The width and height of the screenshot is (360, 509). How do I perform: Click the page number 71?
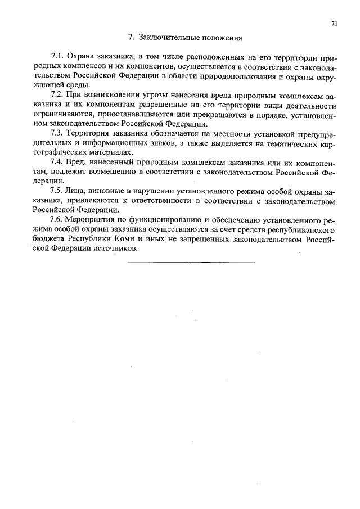pyautogui.click(x=334, y=24)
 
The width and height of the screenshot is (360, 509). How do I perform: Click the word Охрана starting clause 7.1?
pyautogui.click(x=80, y=57)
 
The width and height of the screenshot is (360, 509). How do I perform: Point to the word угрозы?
pyautogui.click(x=144, y=96)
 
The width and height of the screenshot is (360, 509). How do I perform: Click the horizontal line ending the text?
pyautogui.click(x=191, y=263)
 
